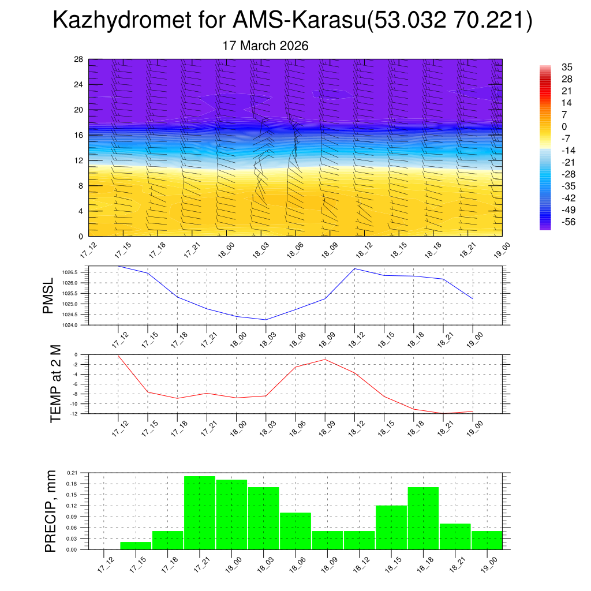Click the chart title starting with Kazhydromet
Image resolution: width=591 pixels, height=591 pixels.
click(x=292, y=21)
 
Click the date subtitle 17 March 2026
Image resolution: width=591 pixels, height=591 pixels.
click(x=265, y=46)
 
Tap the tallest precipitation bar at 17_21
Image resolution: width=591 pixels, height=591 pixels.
click(x=200, y=513)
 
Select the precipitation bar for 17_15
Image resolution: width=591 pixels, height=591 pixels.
click(x=136, y=545)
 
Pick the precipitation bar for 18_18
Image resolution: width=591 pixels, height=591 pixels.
click(x=423, y=518)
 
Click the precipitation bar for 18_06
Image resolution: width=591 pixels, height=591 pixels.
click(x=295, y=530)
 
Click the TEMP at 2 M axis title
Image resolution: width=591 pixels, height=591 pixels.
click(x=55, y=384)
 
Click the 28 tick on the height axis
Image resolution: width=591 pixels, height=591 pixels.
click(x=78, y=59)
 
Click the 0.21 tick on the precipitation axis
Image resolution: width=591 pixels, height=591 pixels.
click(x=72, y=473)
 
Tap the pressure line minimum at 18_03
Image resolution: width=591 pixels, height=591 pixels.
click(x=265, y=320)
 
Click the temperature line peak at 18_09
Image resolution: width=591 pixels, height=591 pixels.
click(x=325, y=360)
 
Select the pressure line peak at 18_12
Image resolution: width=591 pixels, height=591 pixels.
click(x=354, y=268)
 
